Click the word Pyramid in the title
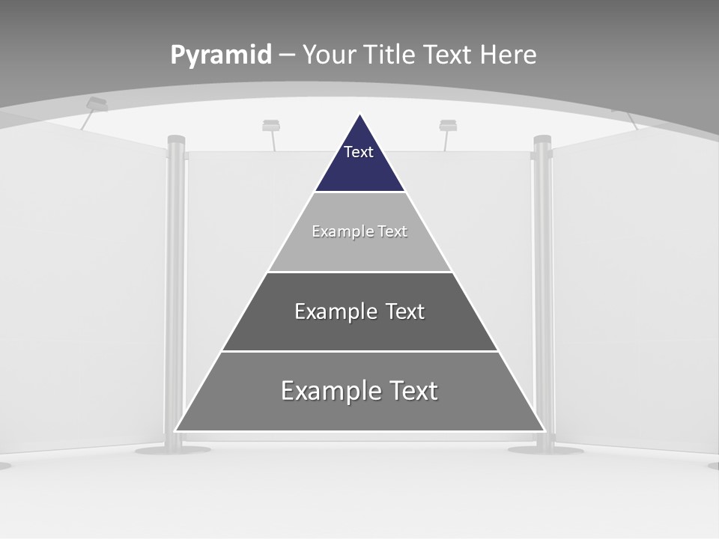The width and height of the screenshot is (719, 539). point(221,55)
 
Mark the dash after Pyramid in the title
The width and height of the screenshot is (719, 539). point(287,55)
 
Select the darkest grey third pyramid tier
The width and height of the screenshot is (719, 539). point(359,329)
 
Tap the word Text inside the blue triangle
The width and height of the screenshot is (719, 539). point(359,152)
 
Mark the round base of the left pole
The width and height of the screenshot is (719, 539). point(172,450)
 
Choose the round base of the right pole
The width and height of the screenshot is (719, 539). point(545,450)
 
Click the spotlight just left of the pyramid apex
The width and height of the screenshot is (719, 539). point(271,125)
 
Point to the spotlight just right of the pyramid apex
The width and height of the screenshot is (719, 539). point(448,125)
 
